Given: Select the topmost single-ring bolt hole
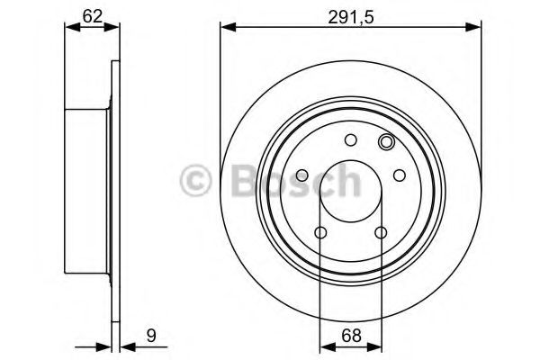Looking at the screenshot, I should (x=351, y=139).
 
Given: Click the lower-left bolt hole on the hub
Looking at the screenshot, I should (x=321, y=233).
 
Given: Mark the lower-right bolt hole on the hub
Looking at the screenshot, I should (x=381, y=233).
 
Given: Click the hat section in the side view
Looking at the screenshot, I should (x=87, y=193).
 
